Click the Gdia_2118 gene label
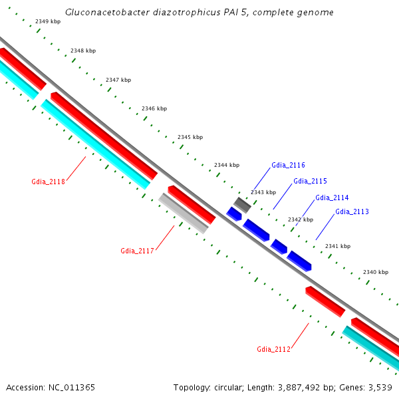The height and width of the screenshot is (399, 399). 48,181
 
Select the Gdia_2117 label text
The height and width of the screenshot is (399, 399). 137,251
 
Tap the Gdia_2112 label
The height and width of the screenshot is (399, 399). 273,349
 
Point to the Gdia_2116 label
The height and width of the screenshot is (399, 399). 288,165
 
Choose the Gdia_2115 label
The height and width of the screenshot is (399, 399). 310,181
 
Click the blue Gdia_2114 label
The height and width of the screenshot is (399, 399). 332,198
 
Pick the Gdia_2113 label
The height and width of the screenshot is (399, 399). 352,211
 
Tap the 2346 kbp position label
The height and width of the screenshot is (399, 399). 154,108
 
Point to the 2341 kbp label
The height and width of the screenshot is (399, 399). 337,246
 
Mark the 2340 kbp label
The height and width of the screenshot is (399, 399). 375,272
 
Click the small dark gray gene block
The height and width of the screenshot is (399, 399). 242,205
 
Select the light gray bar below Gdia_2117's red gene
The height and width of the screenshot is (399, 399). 184,213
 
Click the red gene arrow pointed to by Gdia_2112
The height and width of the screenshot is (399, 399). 325,301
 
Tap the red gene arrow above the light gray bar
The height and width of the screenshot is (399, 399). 192,204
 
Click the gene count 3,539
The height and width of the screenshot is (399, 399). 379,387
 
